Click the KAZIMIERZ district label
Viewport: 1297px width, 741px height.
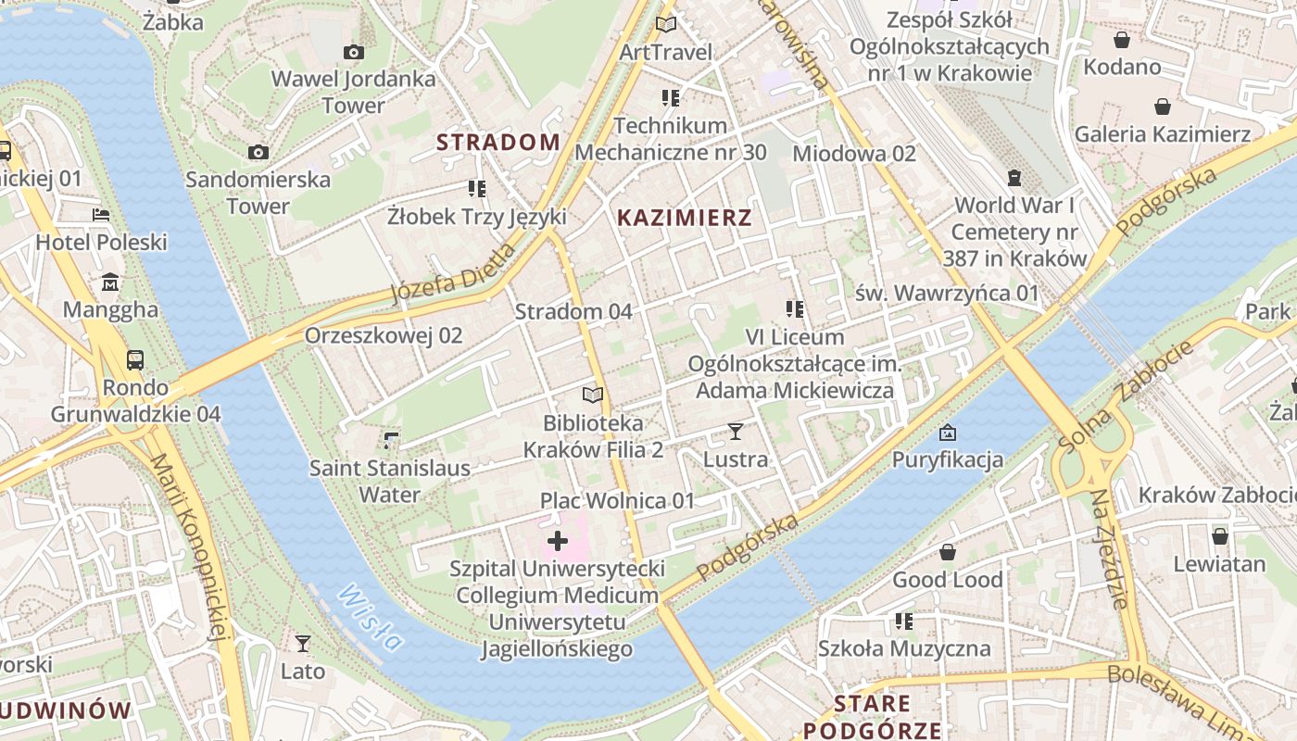coord(684,218)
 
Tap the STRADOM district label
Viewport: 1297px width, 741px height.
coord(498,142)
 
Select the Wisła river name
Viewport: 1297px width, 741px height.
coord(371,617)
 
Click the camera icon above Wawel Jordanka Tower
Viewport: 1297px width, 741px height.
coord(354,52)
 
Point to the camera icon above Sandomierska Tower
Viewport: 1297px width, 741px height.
coord(258,152)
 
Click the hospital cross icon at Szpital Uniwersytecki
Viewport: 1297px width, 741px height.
coord(558,541)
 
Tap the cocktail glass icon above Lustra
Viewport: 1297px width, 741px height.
coord(736,431)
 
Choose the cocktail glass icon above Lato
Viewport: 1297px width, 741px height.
coord(303,643)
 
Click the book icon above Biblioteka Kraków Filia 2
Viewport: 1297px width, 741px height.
coord(593,395)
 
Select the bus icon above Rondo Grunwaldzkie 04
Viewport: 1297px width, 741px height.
coord(135,358)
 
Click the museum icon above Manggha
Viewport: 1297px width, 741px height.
coord(110,281)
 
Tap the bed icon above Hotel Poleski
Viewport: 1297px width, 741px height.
coord(101,215)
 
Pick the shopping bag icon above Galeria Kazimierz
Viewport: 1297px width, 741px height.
coord(1162,107)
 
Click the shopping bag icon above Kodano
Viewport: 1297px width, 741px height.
coord(1122,39)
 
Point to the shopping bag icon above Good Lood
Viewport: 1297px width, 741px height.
coord(947,552)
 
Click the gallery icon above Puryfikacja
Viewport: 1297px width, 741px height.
coord(947,432)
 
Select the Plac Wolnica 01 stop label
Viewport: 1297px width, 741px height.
coord(617,501)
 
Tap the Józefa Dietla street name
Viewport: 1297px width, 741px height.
coord(453,272)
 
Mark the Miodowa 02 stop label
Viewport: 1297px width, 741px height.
coord(854,154)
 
